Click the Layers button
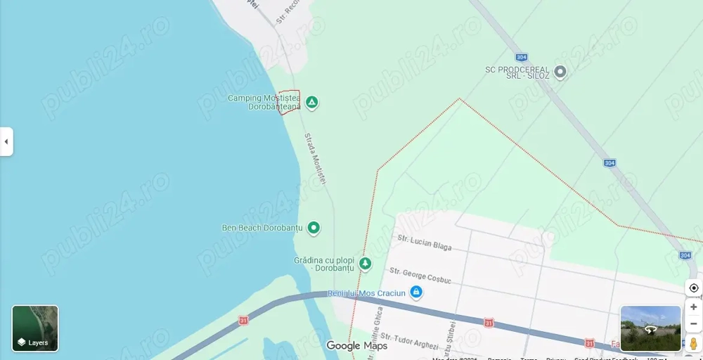(35, 328)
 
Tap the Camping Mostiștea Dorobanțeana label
(264, 103)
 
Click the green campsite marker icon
(311, 103)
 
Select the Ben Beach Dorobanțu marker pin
(314, 228)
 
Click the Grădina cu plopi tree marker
(365, 264)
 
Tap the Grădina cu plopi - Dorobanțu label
(323, 264)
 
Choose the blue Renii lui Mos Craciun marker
(416, 292)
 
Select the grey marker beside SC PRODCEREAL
(560, 72)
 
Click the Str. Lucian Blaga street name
(425, 243)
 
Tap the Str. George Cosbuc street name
(420, 274)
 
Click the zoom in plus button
(694, 307)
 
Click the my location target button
(694, 288)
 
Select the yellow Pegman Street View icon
(694, 344)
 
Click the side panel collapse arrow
(6, 141)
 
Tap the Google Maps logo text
(357, 345)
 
